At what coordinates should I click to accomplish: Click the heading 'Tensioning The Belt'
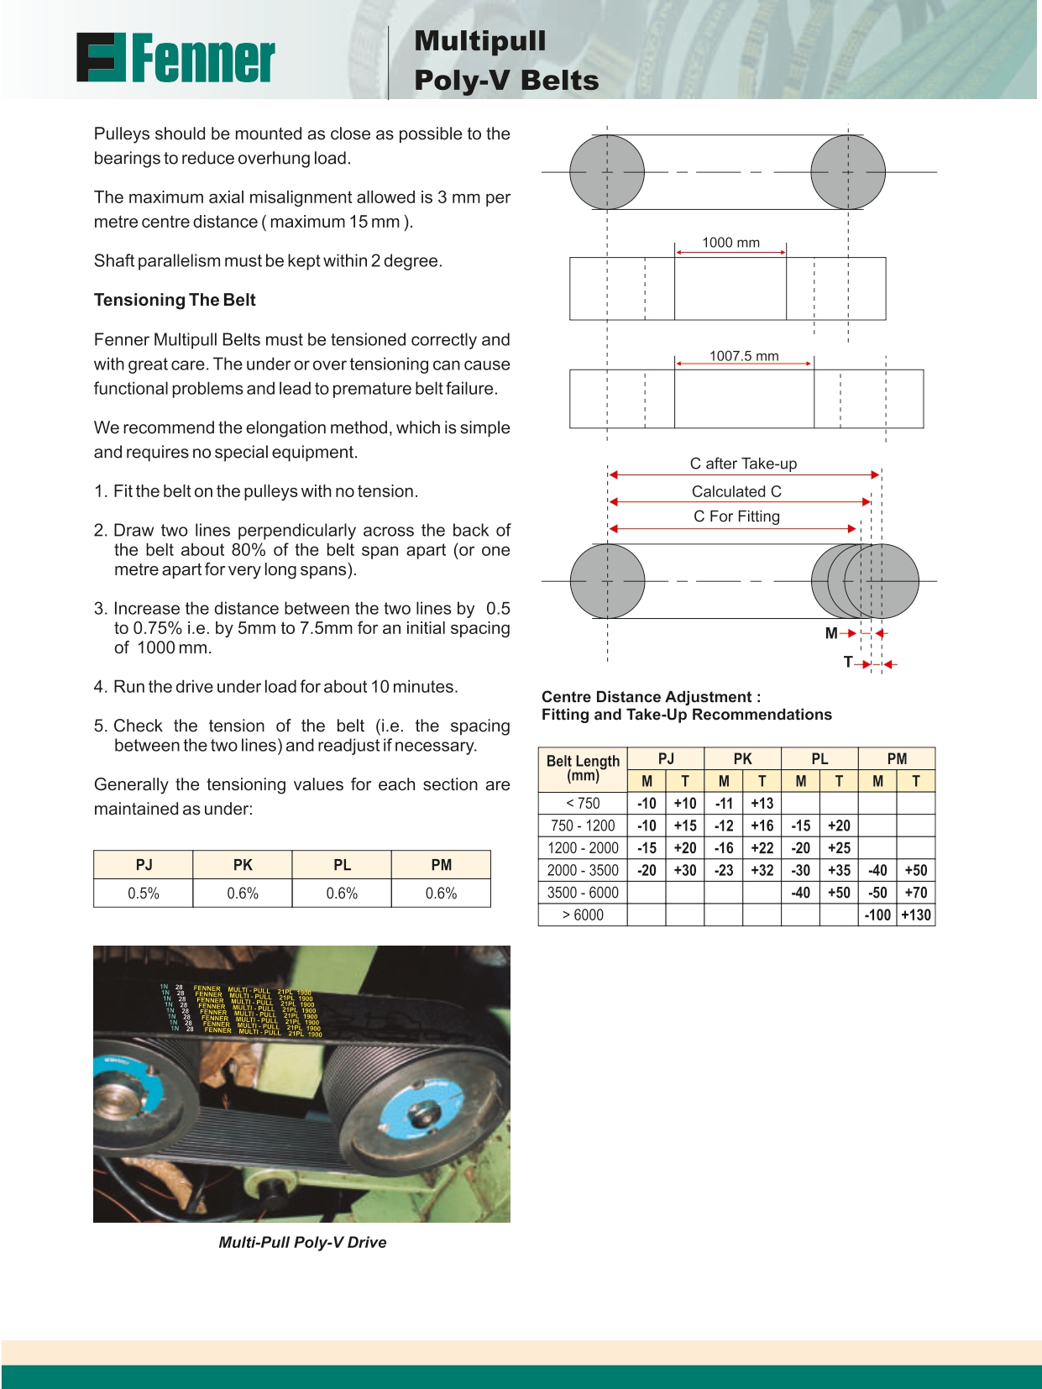(175, 300)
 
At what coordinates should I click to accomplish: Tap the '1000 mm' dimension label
(730, 243)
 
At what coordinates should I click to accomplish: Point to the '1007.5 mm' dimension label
(744, 356)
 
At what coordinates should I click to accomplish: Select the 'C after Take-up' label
(743, 464)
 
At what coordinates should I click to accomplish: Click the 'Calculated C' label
(736, 491)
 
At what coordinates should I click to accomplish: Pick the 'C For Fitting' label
(736, 516)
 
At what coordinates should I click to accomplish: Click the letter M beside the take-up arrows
(831, 633)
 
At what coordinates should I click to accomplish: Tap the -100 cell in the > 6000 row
(877, 915)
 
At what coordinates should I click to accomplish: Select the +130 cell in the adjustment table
(916, 915)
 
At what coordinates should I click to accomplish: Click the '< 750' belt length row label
(583, 803)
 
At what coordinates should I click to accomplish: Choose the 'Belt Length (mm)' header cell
(583, 768)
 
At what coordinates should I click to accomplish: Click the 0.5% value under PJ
(144, 893)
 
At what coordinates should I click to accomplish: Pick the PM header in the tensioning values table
(441, 865)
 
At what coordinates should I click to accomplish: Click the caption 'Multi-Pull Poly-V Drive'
(302, 1242)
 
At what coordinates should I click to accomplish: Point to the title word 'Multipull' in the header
(479, 40)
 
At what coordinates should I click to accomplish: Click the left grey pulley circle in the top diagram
(607, 172)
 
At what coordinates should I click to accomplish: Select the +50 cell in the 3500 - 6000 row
(839, 893)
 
